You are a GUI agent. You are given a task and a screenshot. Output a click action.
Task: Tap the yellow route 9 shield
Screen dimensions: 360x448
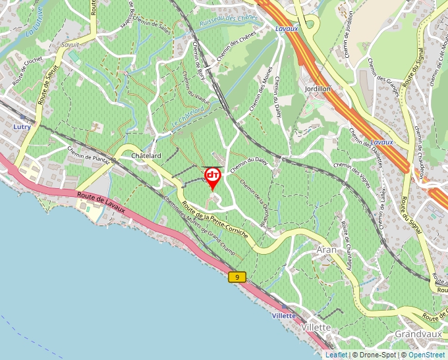pyautogui.click(x=237, y=277)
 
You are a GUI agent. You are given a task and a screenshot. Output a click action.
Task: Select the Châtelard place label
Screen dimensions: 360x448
pyautogui.click(x=146, y=155)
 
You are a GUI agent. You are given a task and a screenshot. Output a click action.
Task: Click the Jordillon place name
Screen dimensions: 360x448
pyautogui.click(x=318, y=88)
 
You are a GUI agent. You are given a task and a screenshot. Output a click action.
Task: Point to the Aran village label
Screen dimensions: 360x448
pyautogui.click(x=327, y=250)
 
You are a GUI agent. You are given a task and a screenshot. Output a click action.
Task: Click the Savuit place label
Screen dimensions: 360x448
pyautogui.click(x=69, y=45)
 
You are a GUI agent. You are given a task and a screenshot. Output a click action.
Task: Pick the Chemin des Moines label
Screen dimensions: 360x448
pyautogui.click(x=261, y=92)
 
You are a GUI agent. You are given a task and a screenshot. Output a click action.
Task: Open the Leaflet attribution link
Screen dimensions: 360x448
pyautogui.click(x=336, y=355)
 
